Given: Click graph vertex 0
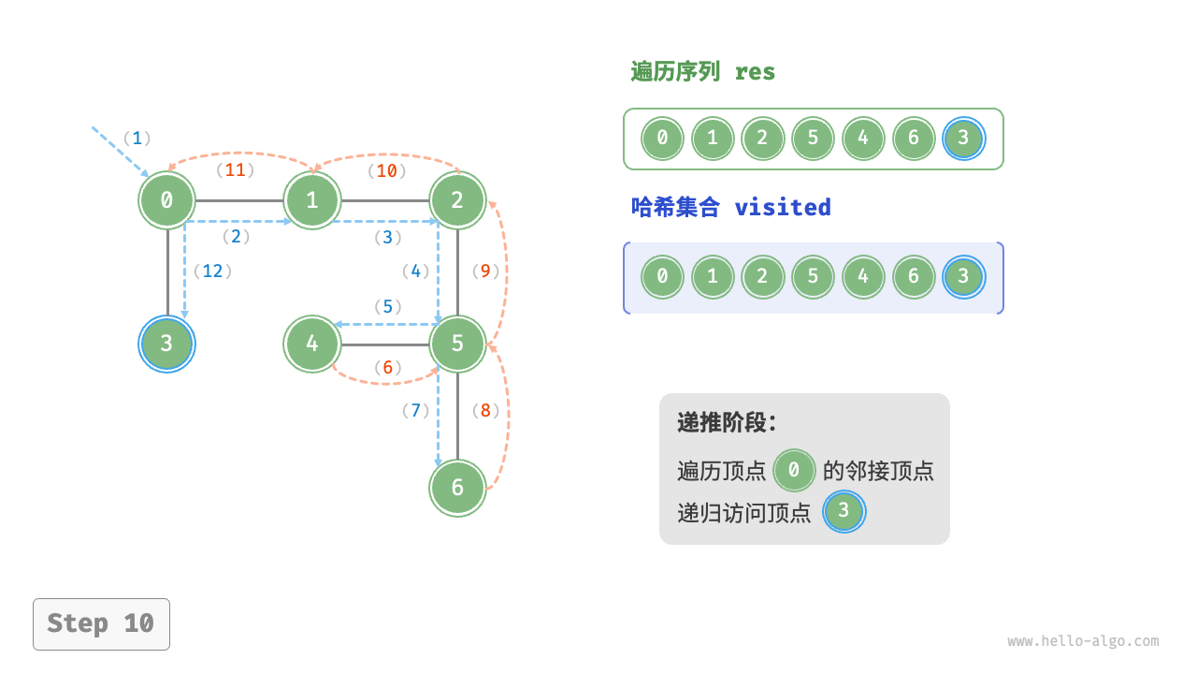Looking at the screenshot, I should (167, 199).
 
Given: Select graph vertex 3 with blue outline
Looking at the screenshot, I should (166, 344).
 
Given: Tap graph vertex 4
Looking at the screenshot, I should (312, 344).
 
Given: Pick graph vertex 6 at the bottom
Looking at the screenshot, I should (457, 488).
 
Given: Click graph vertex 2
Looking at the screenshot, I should (457, 199).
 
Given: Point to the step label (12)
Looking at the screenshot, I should (212, 271).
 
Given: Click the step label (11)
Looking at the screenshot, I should (236, 170).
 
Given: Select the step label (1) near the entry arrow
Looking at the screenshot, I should (137, 139).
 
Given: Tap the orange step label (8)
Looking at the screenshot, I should (486, 410).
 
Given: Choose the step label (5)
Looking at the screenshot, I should (387, 306).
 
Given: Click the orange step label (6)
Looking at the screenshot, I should (387, 368).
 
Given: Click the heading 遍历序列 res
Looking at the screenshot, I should (702, 72).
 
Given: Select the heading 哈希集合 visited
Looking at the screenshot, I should (730, 207).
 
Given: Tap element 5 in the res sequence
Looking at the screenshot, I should (813, 139).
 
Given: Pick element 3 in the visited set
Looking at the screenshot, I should (964, 277).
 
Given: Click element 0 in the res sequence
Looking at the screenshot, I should (662, 139).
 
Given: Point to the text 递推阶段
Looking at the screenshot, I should (727, 422).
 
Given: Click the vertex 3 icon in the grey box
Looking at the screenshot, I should (844, 511).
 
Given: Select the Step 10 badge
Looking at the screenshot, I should (101, 623).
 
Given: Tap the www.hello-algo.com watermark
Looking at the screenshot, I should (1083, 641).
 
